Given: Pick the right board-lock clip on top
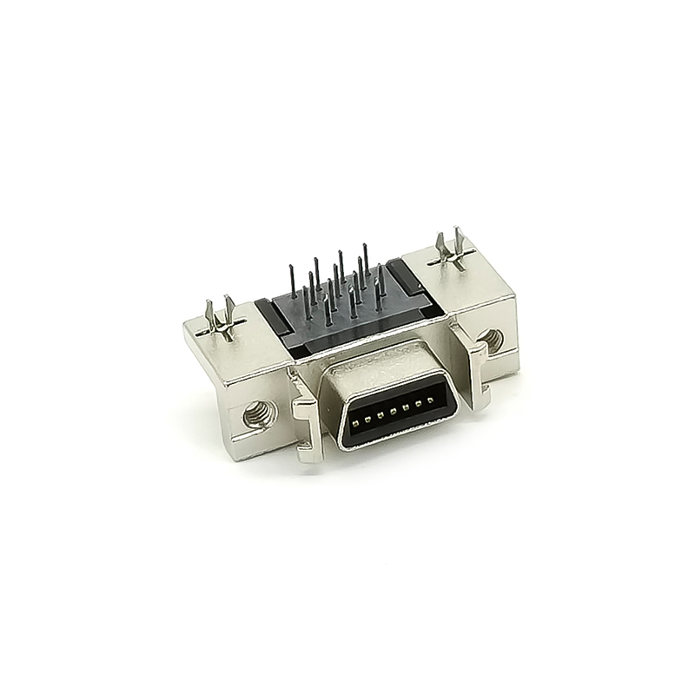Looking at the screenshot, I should click(x=452, y=248).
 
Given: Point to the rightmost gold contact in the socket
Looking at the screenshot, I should click(x=430, y=400).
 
